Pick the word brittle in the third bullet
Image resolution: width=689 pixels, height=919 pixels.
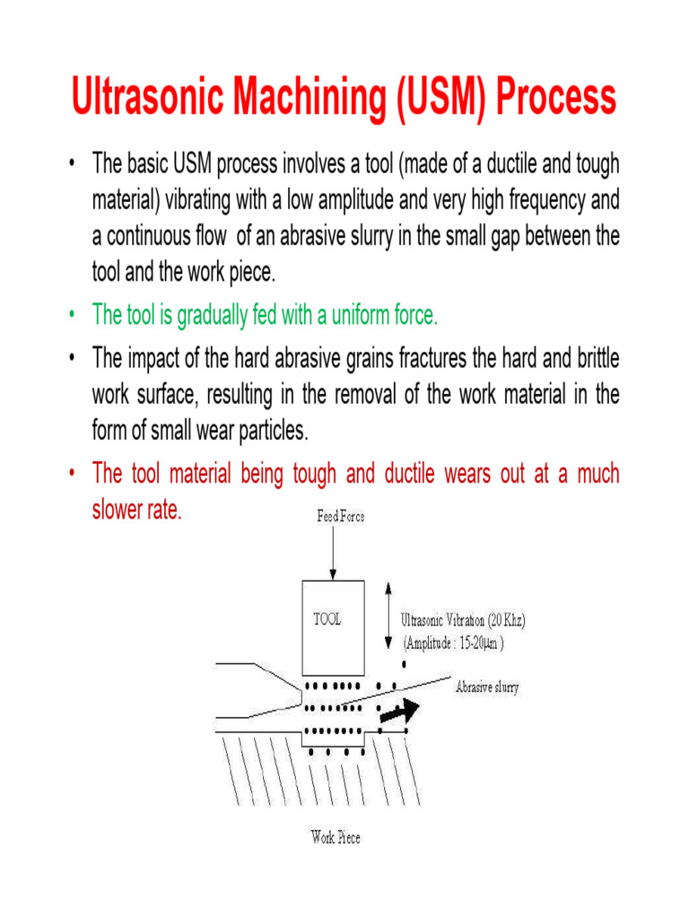pyautogui.click(x=593, y=359)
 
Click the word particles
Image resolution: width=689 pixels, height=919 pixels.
pyautogui.click(x=268, y=431)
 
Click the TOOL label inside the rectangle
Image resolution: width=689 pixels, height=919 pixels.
pyautogui.click(x=327, y=619)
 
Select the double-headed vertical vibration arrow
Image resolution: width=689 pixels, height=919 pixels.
pyautogui.click(x=387, y=615)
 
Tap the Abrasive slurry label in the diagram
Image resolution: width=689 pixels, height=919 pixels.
pyautogui.click(x=487, y=688)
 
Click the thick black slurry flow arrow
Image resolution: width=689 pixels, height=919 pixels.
pyautogui.click(x=398, y=713)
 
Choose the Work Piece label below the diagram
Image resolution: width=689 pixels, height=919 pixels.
pyautogui.click(x=336, y=838)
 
